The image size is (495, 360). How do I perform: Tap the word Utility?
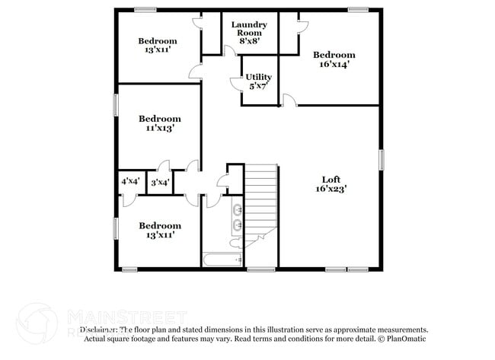point(259,78)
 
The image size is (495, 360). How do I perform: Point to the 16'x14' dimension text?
point(334,65)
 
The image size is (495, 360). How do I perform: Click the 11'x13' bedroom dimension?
point(159,129)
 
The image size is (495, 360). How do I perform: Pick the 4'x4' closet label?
point(130,182)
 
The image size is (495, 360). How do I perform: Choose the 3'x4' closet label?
point(159,182)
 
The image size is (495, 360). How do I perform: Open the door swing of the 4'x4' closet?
point(128,199)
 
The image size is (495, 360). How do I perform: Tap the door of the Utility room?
point(235,83)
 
